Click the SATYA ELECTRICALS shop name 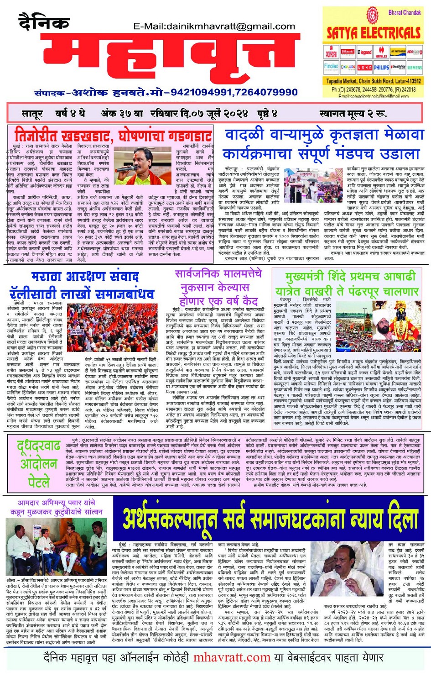(x=373, y=32)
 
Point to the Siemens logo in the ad (x=415, y=67)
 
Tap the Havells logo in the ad (x=381, y=53)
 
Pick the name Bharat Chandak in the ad (x=404, y=12)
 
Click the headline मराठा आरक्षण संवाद (x=85, y=277)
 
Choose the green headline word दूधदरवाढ (x=39, y=447)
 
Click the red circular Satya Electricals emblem (x=373, y=16)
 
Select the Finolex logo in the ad (x=331, y=67)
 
